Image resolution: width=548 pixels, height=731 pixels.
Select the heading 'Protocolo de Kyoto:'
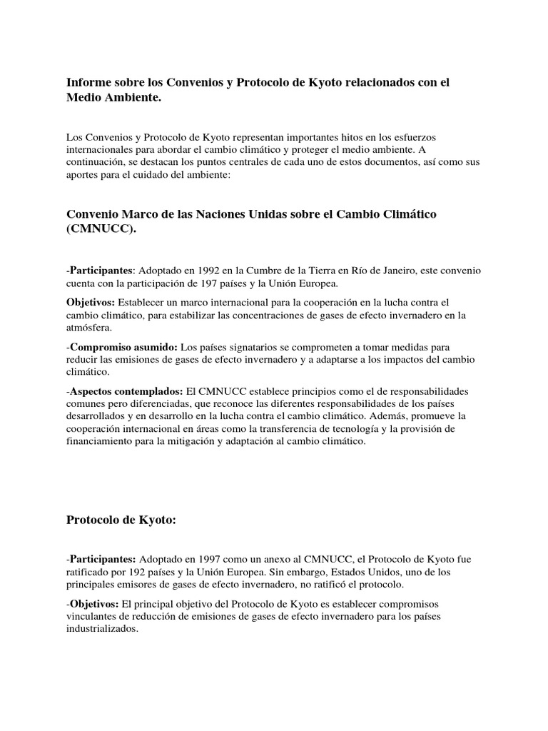(x=121, y=520)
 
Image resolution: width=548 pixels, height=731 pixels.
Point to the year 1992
(x=205, y=271)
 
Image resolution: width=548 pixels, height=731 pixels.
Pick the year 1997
(x=205, y=558)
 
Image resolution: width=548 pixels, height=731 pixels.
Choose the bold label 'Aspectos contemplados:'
(x=126, y=393)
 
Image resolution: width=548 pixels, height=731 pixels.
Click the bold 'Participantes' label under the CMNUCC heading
(x=101, y=271)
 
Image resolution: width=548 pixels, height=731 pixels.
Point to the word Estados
(x=368, y=570)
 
